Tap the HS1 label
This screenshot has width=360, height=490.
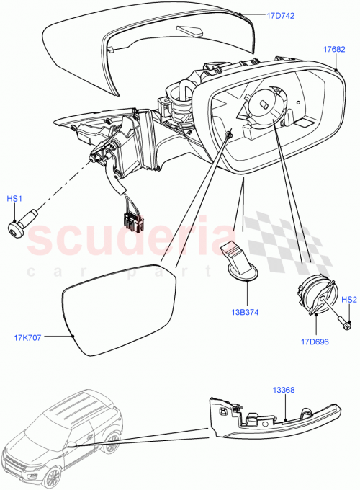pyautogui.click(x=15, y=197)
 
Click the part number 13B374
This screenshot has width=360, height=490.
pyautogui.click(x=246, y=312)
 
